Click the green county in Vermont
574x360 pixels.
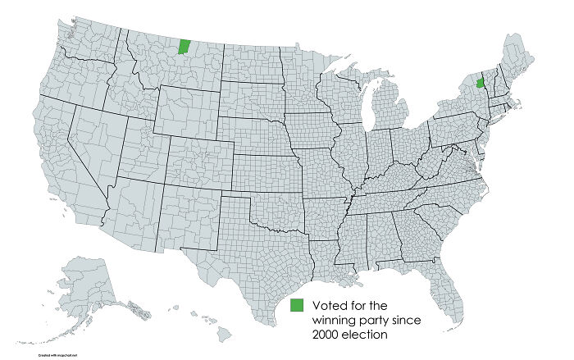(x=480, y=84)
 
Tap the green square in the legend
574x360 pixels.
(x=297, y=305)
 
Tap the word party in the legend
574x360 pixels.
(x=383, y=321)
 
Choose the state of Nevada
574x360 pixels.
(x=88, y=156)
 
